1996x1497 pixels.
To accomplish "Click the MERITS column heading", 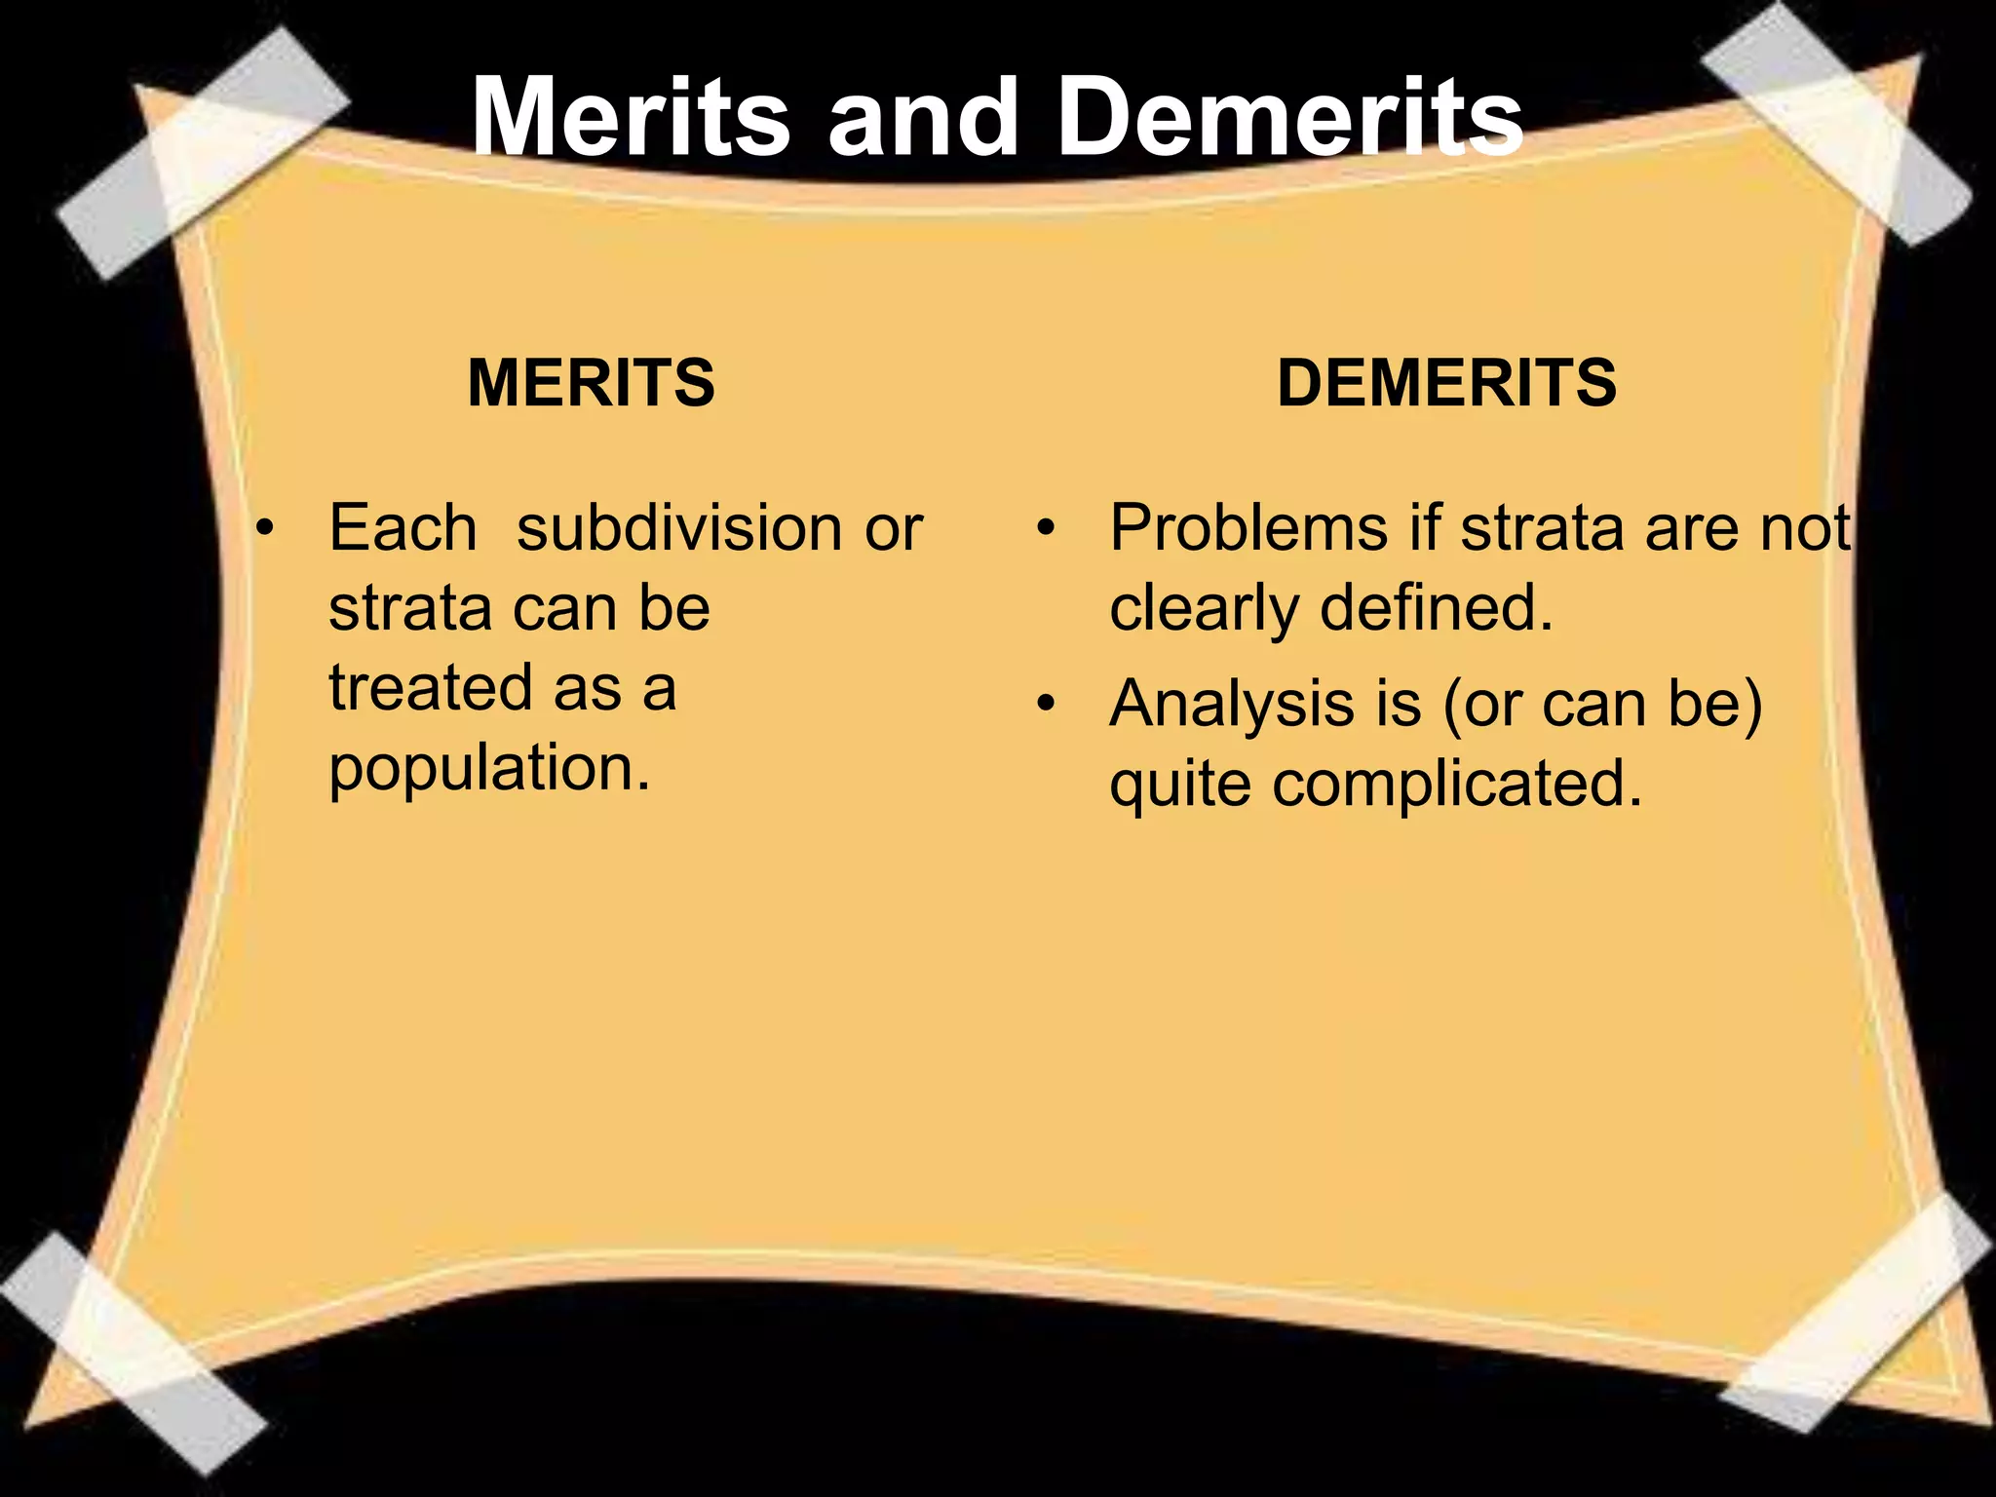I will click(x=592, y=382).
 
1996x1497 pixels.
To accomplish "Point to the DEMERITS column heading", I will click(x=1446, y=382).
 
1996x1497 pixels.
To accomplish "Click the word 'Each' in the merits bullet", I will click(x=403, y=528).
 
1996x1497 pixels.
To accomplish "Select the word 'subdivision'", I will click(x=678, y=528).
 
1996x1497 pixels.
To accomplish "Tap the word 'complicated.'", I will click(x=1457, y=784).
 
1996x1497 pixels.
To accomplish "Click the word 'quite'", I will click(x=1180, y=786).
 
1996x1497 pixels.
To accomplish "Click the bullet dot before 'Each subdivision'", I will click(x=264, y=529).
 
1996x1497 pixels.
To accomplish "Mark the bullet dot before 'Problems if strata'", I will click(x=1046, y=529).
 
